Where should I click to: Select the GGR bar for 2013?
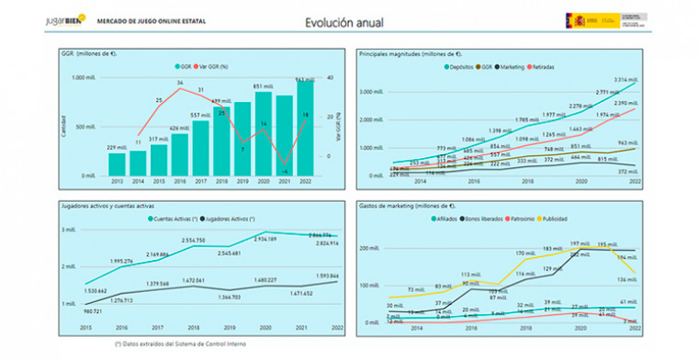click(116, 163)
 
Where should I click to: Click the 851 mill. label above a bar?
click(263, 86)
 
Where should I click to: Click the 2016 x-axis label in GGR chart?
click(178, 181)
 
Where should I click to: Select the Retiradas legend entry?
click(562, 66)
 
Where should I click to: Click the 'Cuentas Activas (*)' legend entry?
click(189, 219)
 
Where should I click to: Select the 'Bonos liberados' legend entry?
click(483, 219)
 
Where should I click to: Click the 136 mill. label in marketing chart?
click(625, 279)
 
